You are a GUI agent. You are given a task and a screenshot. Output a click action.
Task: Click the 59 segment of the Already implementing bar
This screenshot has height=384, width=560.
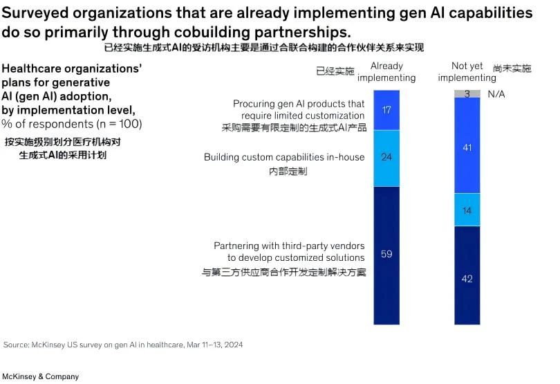tap(386, 255)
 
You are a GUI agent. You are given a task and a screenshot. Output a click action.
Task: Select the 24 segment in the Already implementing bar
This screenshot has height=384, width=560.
tap(386, 158)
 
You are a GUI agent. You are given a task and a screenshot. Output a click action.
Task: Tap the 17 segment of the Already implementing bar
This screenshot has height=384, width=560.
tap(386, 110)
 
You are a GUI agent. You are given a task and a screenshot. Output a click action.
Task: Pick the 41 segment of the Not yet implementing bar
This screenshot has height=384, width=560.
tap(467, 147)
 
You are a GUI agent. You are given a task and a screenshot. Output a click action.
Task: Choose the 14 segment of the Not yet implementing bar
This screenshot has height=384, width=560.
tap(467, 210)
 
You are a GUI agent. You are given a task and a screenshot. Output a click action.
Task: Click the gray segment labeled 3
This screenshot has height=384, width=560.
tap(467, 93)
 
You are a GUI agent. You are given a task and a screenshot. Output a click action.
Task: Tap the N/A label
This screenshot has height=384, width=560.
tap(496, 93)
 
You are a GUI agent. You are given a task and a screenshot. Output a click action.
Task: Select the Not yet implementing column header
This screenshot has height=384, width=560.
tap(467, 72)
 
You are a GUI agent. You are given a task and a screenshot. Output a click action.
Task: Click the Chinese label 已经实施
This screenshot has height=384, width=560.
tap(335, 71)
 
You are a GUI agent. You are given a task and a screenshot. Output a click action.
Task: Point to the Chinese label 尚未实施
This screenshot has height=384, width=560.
tap(513, 68)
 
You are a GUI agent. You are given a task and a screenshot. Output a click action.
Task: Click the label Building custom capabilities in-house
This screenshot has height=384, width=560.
tap(284, 157)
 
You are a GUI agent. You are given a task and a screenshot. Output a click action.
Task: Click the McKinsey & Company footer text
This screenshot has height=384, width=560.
tap(40, 377)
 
